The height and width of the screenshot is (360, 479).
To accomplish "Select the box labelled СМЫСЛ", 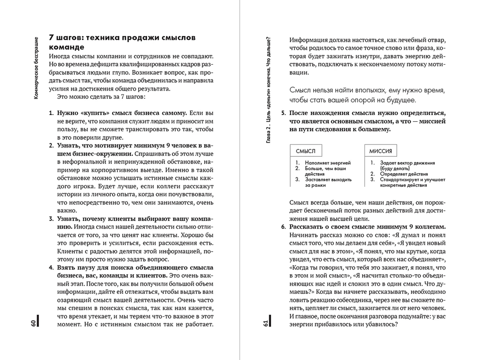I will point(305,151).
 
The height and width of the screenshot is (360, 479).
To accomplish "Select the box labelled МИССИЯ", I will point(381,151).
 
